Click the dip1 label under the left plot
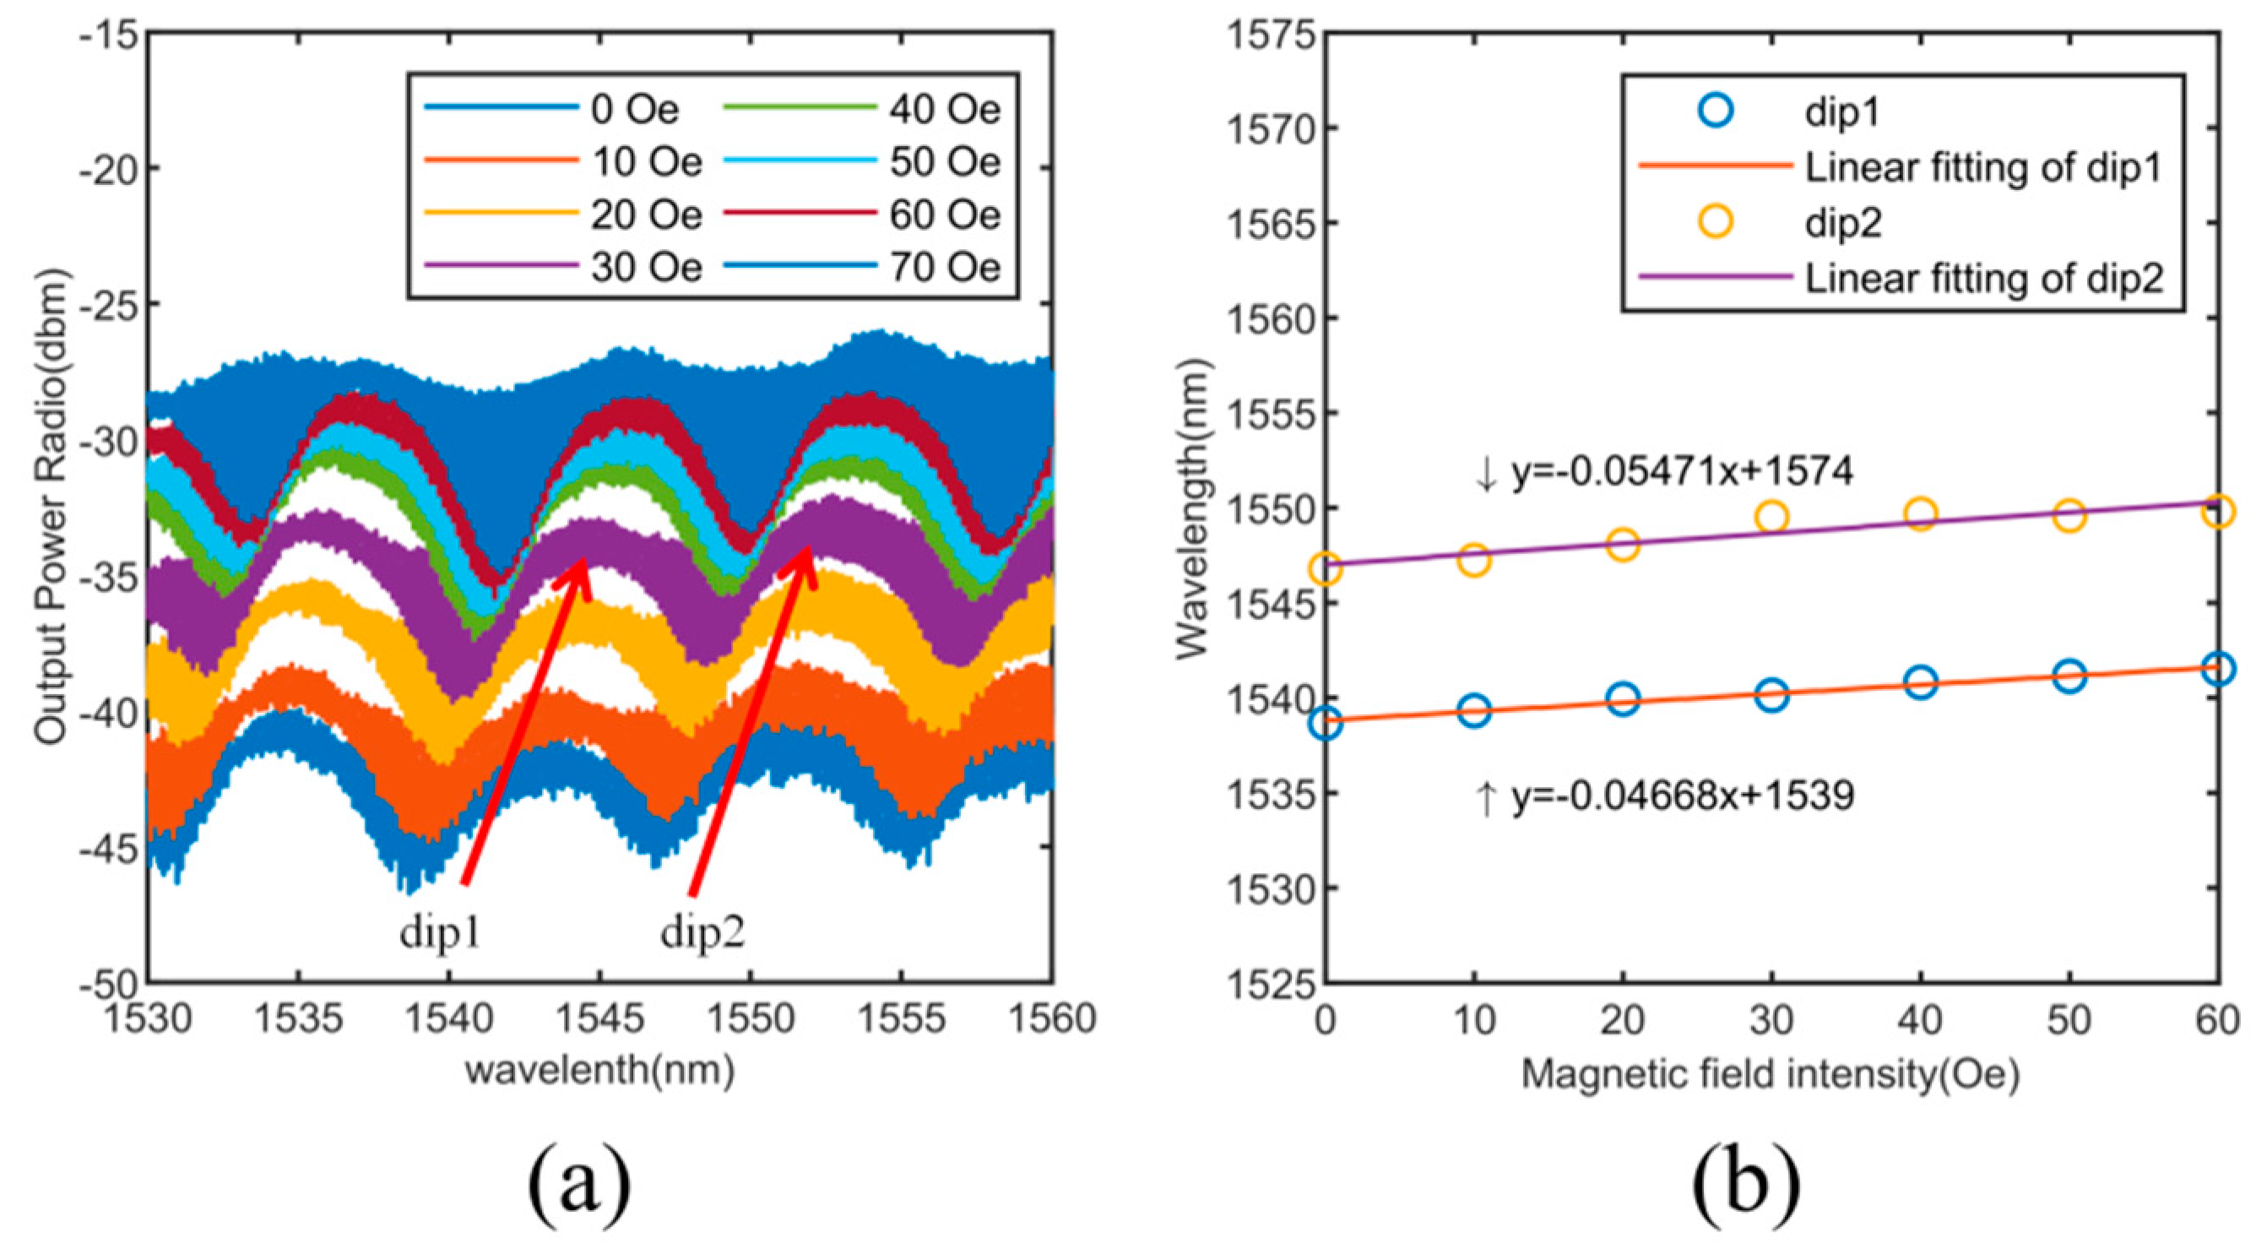[x=441, y=933]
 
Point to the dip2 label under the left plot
[x=702, y=933]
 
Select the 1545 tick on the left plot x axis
[x=601, y=1018]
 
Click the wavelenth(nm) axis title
[x=600, y=1070]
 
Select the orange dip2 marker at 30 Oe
[x=1771, y=517]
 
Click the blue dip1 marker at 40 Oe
[x=1920, y=682]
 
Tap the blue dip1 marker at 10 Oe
[x=1474, y=709]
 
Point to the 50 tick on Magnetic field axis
[x=2069, y=1018]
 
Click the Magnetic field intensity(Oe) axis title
[x=1770, y=1074]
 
